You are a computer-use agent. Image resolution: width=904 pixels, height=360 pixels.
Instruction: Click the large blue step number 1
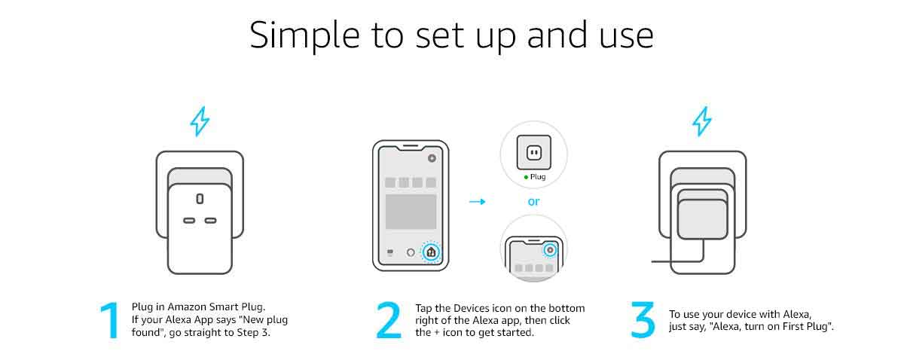(111, 321)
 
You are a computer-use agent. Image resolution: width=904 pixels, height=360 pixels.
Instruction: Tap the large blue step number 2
(389, 321)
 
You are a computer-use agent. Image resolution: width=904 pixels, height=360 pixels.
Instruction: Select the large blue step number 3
(643, 321)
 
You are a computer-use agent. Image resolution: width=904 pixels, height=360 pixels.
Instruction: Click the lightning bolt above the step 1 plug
(200, 121)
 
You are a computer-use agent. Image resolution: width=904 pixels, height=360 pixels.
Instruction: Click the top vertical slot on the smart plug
(200, 199)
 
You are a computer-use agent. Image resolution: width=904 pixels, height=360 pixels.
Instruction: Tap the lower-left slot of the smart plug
(188, 221)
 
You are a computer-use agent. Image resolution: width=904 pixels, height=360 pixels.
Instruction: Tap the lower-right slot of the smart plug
(210, 221)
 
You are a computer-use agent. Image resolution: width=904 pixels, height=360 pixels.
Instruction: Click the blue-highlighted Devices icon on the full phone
(430, 253)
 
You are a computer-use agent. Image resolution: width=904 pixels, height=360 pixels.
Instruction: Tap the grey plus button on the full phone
(431, 159)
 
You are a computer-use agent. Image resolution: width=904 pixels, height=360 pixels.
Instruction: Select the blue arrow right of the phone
(477, 202)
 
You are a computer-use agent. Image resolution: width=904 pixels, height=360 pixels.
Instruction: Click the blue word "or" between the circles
(533, 202)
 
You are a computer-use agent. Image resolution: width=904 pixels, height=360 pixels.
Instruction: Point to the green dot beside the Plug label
(526, 178)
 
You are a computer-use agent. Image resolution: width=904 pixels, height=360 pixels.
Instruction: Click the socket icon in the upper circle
(533, 154)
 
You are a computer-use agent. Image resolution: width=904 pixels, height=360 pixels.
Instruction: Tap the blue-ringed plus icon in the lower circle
(550, 249)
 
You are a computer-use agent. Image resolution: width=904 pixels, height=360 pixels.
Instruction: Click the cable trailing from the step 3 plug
(663, 261)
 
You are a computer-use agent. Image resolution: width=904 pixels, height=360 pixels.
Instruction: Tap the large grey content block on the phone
(411, 212)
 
